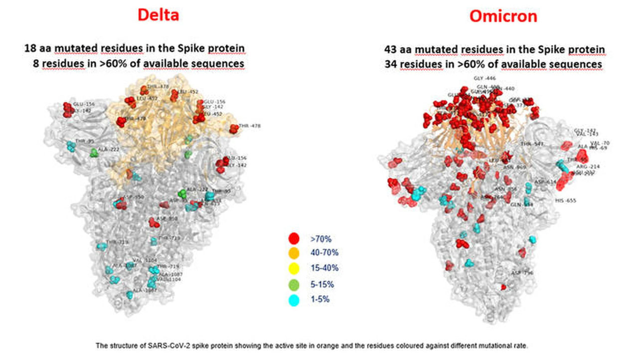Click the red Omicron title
click(503, 16)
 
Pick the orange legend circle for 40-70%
click(295, 253)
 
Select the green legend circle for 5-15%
click(295, 285)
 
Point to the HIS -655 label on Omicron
click(565, 200)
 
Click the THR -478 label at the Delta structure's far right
click(250, 126)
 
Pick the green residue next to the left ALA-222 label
click(94, 153)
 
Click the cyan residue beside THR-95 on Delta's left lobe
click(72, 146)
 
